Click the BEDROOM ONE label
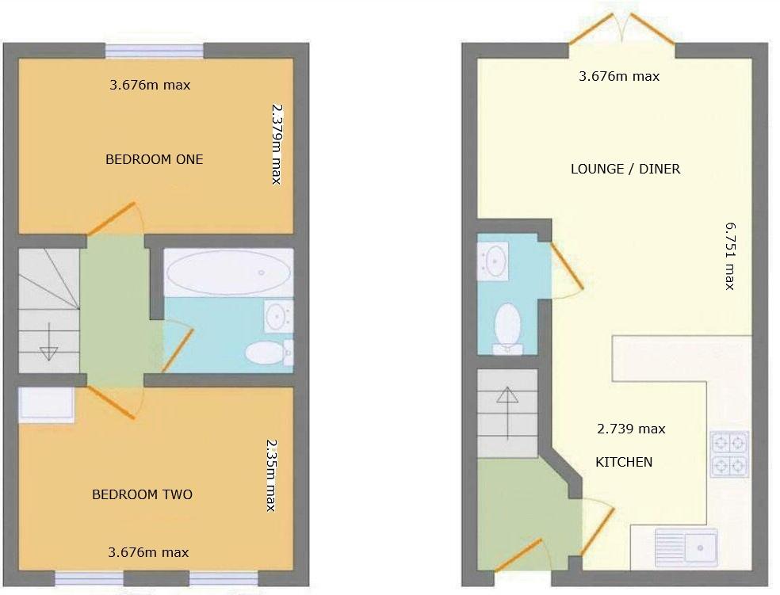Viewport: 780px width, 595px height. point(154,159)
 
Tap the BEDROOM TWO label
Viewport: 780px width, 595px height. point(142,494)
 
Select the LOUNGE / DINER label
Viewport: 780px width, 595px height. point(625,169)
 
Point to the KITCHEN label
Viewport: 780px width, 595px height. point(624,462)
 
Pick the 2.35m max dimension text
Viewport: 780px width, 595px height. point(271,475)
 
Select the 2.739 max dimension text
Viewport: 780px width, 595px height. point(631,429)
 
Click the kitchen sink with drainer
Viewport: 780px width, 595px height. point(686,546)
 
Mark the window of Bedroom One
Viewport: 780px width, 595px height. point(155,51)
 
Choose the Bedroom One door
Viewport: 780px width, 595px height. point(112,219)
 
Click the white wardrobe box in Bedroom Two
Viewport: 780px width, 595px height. point(46,404)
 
